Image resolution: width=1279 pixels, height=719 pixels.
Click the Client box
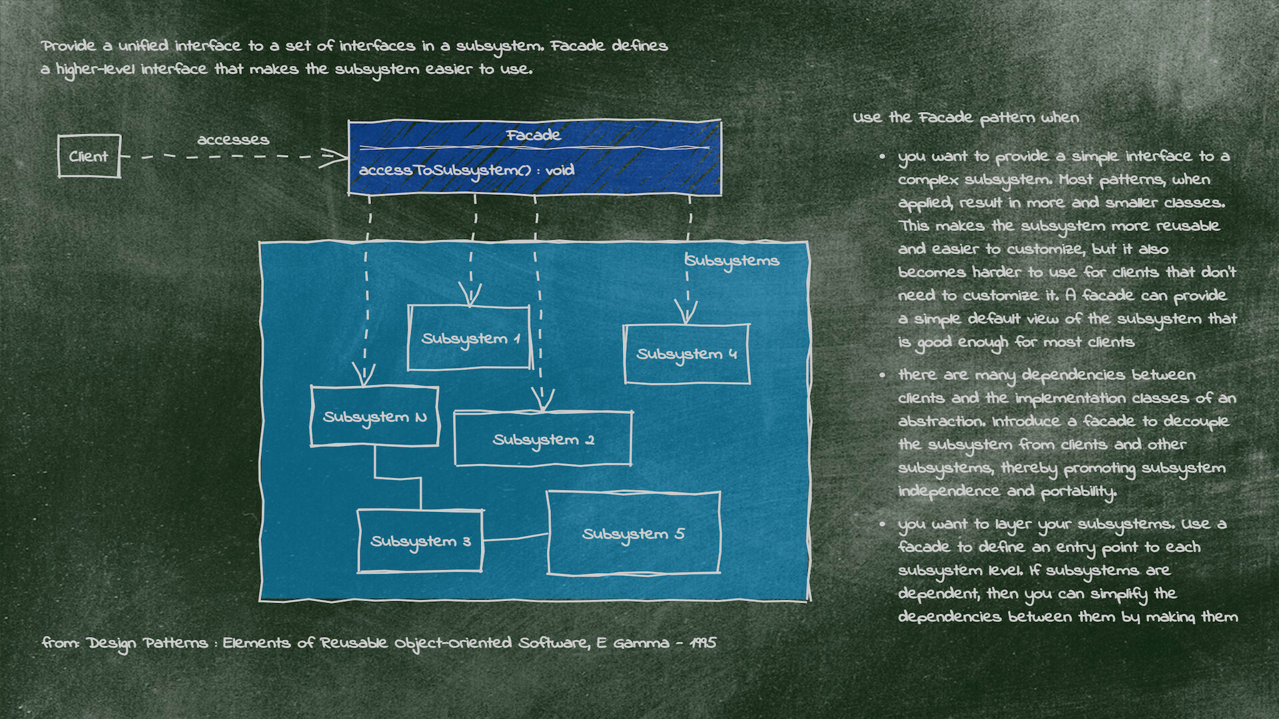pyautogui.click(x=89, y=156)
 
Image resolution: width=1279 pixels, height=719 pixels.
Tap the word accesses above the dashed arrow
pyautogui.click(x=233, y=140)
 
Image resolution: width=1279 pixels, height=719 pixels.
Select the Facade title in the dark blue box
pyautogui.click(x=533, y=135)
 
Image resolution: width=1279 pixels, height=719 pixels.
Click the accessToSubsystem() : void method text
pyautogui.click(x=466, y=170)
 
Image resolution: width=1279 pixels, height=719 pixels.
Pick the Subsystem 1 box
pyautogui.click(x=470, y=338)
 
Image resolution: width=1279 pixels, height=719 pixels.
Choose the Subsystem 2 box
pyautogui.click(x=542, y=439)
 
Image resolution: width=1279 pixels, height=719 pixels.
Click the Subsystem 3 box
pyautogui.click(x=420, y=541)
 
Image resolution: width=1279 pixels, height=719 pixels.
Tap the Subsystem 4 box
pyautogui.click(x=686, y=354)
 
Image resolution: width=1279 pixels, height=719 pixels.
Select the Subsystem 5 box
pyautogui.click(x=633, y=534)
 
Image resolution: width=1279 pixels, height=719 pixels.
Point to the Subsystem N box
pyautogui.click(x=374, y=417)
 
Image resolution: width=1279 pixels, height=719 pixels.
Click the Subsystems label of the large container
pyautogui.click(x=733, y=260)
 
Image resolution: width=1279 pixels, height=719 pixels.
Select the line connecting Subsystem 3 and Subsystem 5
pyautogui.click(x=514, y=538)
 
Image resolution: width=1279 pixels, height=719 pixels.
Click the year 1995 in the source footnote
pyautogui.click(x=703, y=643)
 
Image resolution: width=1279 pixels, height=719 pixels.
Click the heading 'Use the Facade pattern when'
pyautogui.click(x=966, y=118)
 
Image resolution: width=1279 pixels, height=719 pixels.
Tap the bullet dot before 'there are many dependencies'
pyautogui.click(x=883, y=375)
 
